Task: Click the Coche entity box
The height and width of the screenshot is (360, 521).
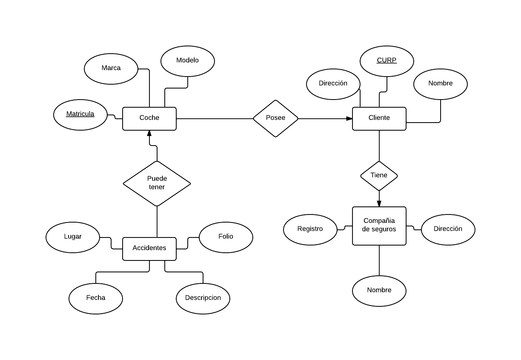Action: [x=149, y=119]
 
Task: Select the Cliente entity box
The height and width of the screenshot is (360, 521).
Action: [x=379, y=119]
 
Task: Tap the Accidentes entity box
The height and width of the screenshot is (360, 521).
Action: [x=149, y=249]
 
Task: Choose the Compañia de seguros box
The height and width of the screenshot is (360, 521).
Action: [x=379, y=226]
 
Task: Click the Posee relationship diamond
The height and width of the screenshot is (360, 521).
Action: [x=275, y=118]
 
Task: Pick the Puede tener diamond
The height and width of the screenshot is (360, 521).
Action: [x=157, y=183]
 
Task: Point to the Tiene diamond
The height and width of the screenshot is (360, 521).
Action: [x=379, y=176]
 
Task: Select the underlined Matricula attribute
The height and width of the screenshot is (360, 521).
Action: [x=80, y=115]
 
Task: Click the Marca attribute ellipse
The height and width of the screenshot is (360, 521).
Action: [x=111, y=69]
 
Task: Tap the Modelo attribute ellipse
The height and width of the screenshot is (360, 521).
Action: [x=188, y=61]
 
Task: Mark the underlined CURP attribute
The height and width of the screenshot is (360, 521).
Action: [x=387, y=61]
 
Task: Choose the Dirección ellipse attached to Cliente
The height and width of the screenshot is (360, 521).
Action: [x=333, y=84]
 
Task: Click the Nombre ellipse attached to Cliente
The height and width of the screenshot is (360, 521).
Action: [x=441, y=84]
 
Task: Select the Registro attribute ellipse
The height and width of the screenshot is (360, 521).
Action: [x=310, y=230]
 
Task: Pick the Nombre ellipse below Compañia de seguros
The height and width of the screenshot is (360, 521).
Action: [x=379, y=291]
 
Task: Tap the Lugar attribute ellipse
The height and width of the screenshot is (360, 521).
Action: [x=73, y=237]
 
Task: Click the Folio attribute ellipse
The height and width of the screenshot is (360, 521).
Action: [x=226, y=237]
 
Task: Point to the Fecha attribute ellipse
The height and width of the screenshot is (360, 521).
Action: [x=96, y=299]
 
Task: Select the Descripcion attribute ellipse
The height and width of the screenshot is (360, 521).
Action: [x=203, y=299]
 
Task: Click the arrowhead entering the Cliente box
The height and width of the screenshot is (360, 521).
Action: [x=349, y=119]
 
